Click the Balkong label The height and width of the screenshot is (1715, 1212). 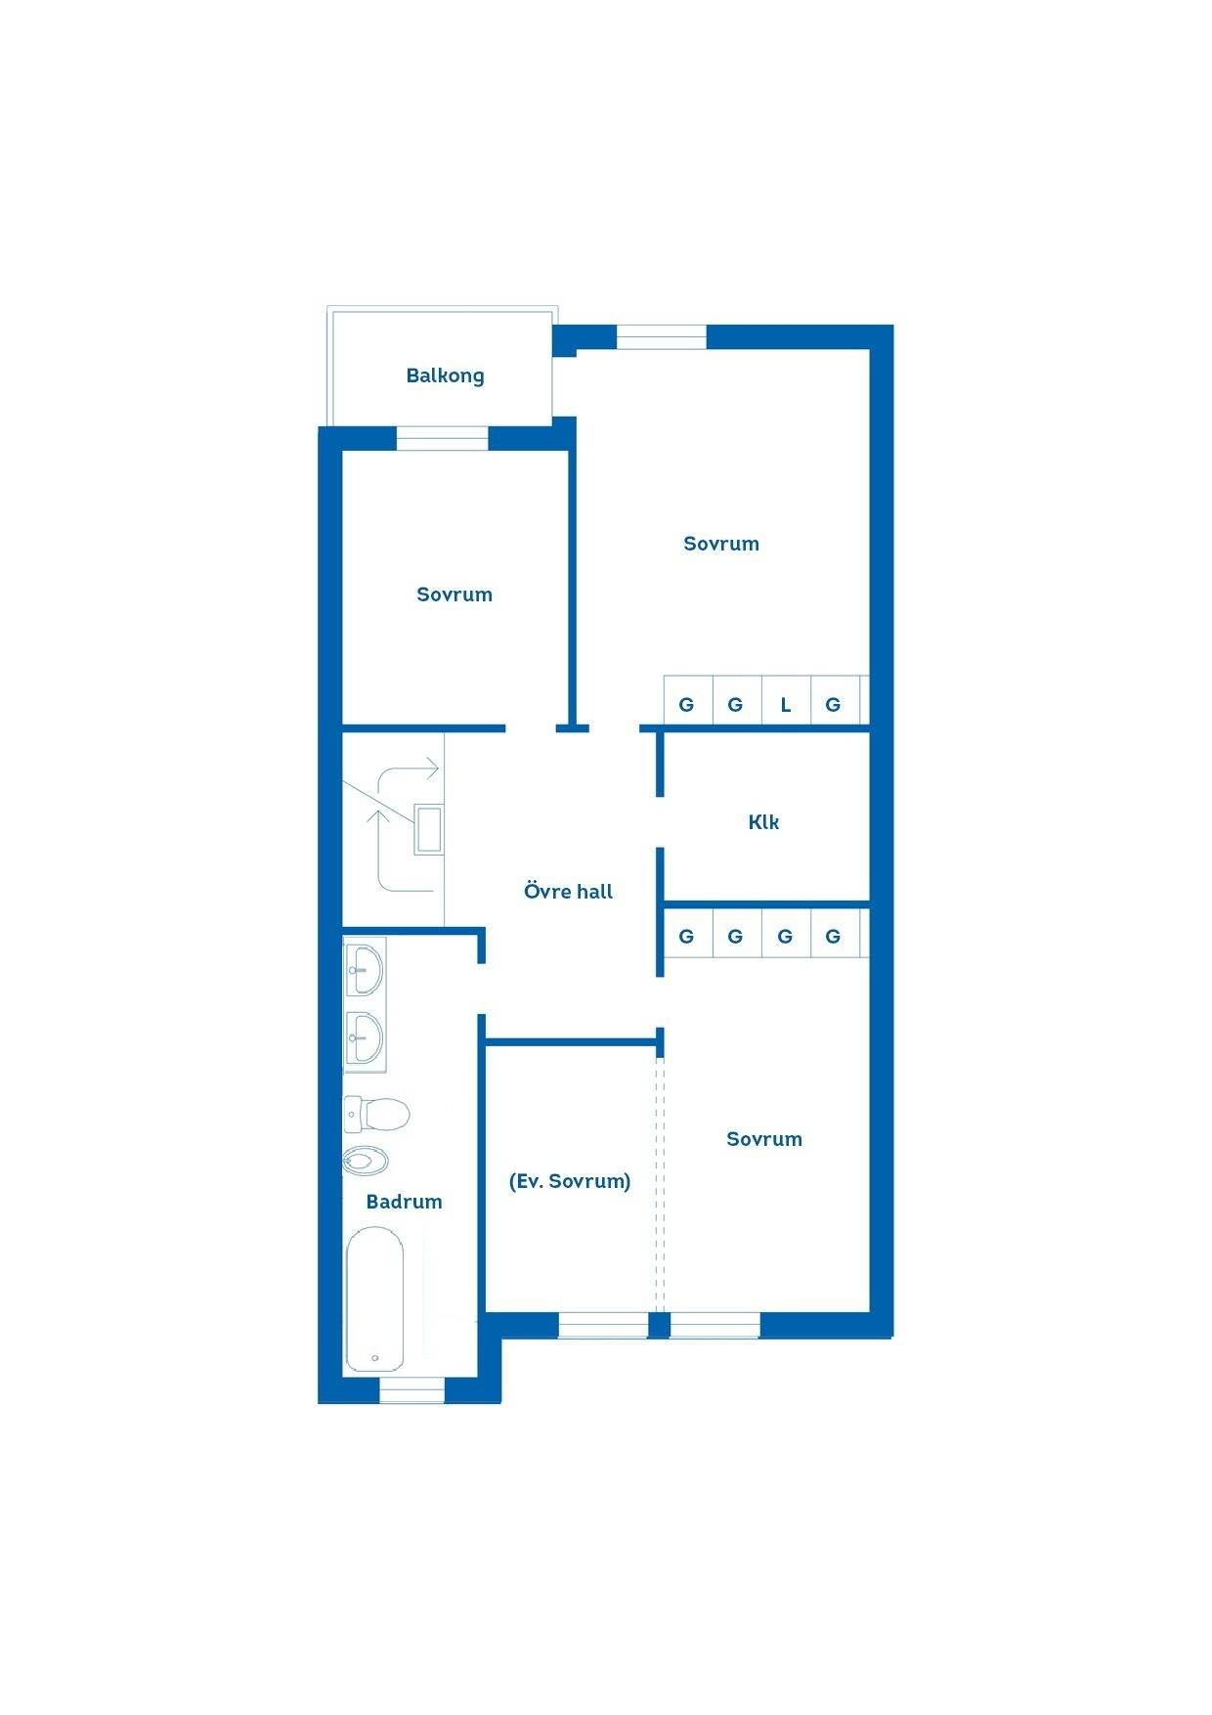[x=445, y=375]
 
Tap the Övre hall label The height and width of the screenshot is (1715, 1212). [x=568, y=891]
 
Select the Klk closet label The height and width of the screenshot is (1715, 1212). [x=763, y=821]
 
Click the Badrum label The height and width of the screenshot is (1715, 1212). [x=404, y=1201]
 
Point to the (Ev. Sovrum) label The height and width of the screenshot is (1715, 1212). [x=570, y=1180]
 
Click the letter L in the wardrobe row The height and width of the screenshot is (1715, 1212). [x=785, y=704]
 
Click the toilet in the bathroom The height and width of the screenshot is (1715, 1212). [x=376, y=1113]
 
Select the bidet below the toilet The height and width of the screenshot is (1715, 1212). [x=366, y=1162]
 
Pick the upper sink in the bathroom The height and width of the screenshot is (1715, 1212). [x=365, y=966]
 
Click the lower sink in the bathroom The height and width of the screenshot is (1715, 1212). [x=365, y=1039]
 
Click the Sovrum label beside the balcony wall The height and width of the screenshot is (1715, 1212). [x=454, y=594]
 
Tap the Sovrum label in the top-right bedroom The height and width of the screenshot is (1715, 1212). [x=721, y=544]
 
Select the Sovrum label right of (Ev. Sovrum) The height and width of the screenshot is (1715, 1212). [x=764, y=1139]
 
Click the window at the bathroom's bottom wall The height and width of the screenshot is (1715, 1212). [x=411, y=1389]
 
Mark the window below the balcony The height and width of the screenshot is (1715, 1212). [x=442, y=438]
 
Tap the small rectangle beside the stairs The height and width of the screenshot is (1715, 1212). [x=428, y=829]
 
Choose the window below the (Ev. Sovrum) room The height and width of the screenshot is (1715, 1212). [x=603, y=1325]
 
